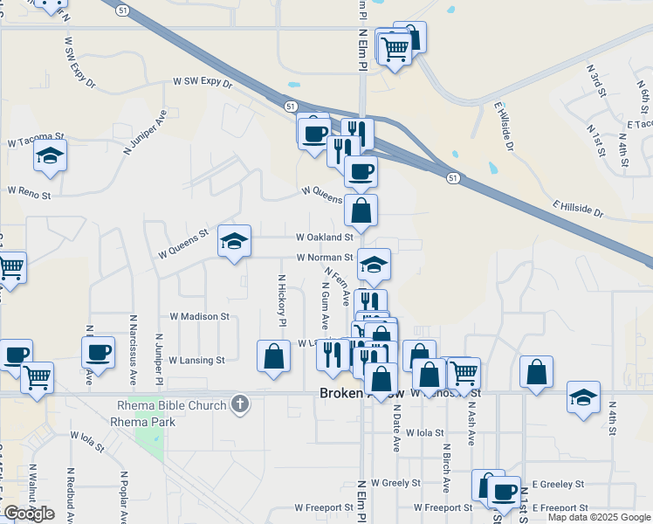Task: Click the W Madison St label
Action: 199,317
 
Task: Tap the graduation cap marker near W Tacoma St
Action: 51,156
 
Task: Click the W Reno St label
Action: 31,190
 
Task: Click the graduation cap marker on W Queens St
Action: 234,241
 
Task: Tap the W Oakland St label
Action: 324,237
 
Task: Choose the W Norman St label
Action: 324,258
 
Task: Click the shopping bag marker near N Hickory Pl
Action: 274,356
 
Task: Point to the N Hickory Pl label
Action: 282,300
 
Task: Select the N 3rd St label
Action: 596,83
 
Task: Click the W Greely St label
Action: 395,482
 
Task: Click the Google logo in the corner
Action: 29,514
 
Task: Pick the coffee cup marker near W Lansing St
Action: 98,353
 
